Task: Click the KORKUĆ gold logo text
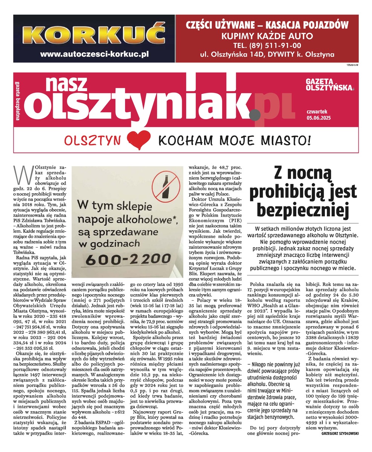point(94,33)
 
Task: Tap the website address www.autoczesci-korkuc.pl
point(94,54)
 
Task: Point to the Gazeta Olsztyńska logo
point(329,85)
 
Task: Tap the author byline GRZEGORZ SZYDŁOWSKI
point(340,433)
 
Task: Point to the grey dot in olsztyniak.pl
point(255,112)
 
